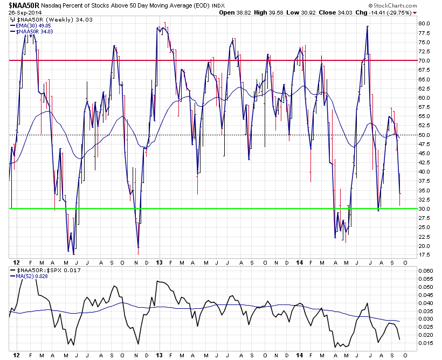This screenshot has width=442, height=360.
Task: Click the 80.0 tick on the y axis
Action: coord(424,24)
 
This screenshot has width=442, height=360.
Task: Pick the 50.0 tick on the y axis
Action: coord(424,135)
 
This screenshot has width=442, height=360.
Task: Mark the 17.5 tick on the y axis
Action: coord(424,255)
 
